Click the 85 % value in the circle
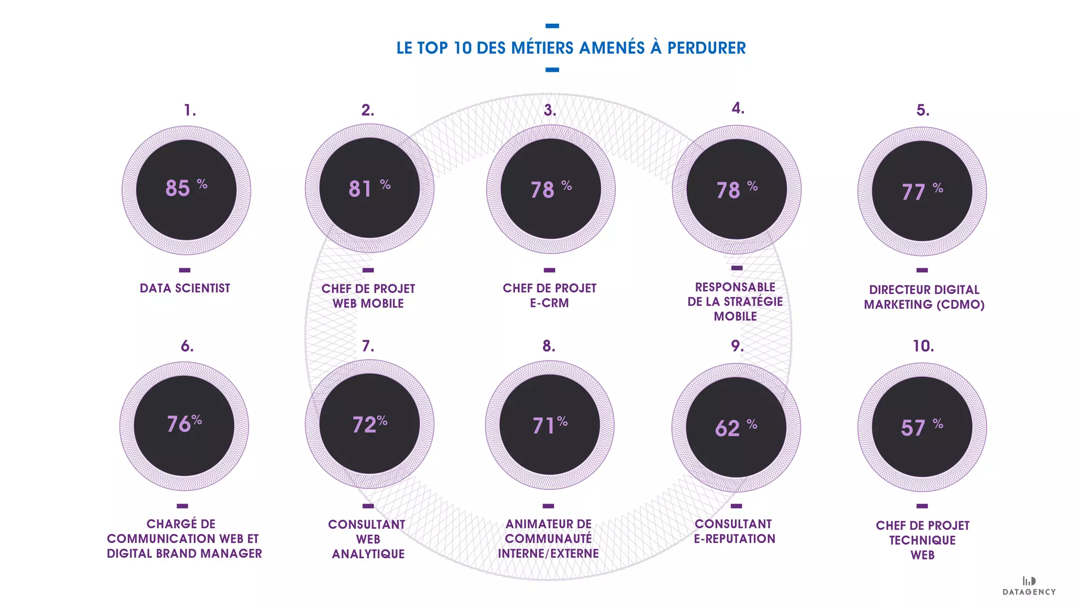point(185,188)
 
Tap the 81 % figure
point(369,188)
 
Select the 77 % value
point(922,191)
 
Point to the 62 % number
point(735,427)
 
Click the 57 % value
point(921,427)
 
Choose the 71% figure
point(549,425)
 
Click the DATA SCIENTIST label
point(185,288)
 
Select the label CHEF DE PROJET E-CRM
point(549,296)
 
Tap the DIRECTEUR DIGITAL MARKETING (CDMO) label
point(924,297)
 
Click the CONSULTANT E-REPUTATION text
point(734,531)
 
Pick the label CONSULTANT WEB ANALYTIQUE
point(368,539)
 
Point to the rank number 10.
point(923,346)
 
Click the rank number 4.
point(738,108)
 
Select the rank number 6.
point(187,346)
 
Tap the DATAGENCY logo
point(1029,586)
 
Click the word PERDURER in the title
point(706,48)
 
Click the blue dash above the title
point(552,26)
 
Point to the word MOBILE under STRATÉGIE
point(735,316)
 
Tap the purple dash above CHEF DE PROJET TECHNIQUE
point(922,506)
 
